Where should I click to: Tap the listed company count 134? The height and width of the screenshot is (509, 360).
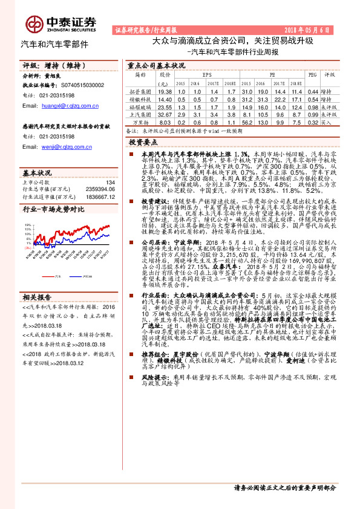(110, 182)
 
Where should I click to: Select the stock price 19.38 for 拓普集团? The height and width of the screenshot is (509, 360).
(164, 91)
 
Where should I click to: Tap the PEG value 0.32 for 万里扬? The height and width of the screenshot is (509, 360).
(312, 122)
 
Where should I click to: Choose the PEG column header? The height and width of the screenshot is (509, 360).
(312, 75)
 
